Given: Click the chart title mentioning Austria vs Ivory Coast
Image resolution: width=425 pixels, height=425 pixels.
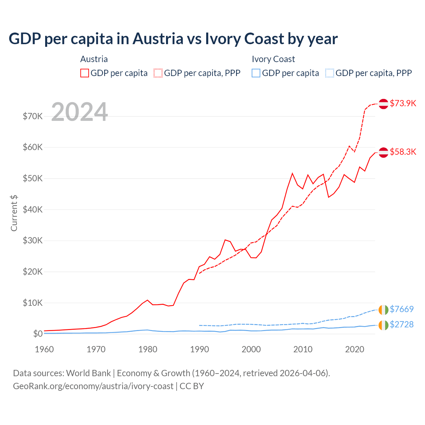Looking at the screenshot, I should pyautogui.click(x=173, y=39).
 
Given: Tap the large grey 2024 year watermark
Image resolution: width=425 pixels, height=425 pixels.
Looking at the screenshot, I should pyautogui.click(x=79, y=112).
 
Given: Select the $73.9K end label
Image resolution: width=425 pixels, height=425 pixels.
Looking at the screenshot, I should pyautogui.click(x=403, y=103).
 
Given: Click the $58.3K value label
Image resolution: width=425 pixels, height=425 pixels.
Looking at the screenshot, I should pyautogui.click(x=403, y=152).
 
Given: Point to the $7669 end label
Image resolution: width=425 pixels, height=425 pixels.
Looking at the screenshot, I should pyautogui.click(x=401, y=309).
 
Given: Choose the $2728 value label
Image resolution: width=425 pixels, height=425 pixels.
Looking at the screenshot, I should pyautogui.click(x=401, y=324).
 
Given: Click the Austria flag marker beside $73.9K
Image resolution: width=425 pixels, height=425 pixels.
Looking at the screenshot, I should pyautogui.click(x=383, y=104).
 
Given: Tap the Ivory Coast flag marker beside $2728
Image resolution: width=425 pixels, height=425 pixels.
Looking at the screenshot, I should pyautogui.click(x=383, y=325).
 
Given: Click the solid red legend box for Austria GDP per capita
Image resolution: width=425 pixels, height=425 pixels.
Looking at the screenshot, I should pyautogui.click(x=85, y=73).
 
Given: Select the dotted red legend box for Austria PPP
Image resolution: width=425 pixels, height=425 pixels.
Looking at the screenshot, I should pyautogui.click(x=158, y=73).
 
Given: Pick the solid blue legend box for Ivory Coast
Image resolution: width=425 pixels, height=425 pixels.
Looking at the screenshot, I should pyautogui.click(x=256, y=73).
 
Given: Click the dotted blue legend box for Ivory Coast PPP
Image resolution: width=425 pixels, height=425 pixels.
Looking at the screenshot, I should pyautogui.click(x=330, y=73).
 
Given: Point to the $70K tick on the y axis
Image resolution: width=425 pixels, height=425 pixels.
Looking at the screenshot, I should pyautogui.click(x=33, y=116).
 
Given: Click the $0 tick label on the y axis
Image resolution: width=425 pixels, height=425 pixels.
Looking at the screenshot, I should pyautogui.click(x=38, y=334).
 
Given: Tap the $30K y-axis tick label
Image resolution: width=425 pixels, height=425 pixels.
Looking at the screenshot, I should pyautogui.click(x=33, y=240).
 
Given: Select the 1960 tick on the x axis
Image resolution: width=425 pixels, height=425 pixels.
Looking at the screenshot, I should pyautogui.click(x=44, y=349).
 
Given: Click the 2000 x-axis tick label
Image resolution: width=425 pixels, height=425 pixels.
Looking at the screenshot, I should pyautogui.click(x=251, y=349).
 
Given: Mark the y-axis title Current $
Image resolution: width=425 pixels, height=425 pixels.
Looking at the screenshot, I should pyautogui.click(x=14, y=213).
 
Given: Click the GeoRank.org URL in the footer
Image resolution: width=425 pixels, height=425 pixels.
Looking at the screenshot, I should pyautogui.click(x=93, y=386).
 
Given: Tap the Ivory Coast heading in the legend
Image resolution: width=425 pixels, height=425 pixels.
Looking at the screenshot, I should pyautogui.click(x=273, y=59).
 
